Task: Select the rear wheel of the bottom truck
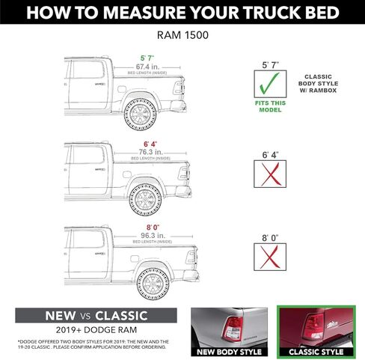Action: [x=154, y=284]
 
